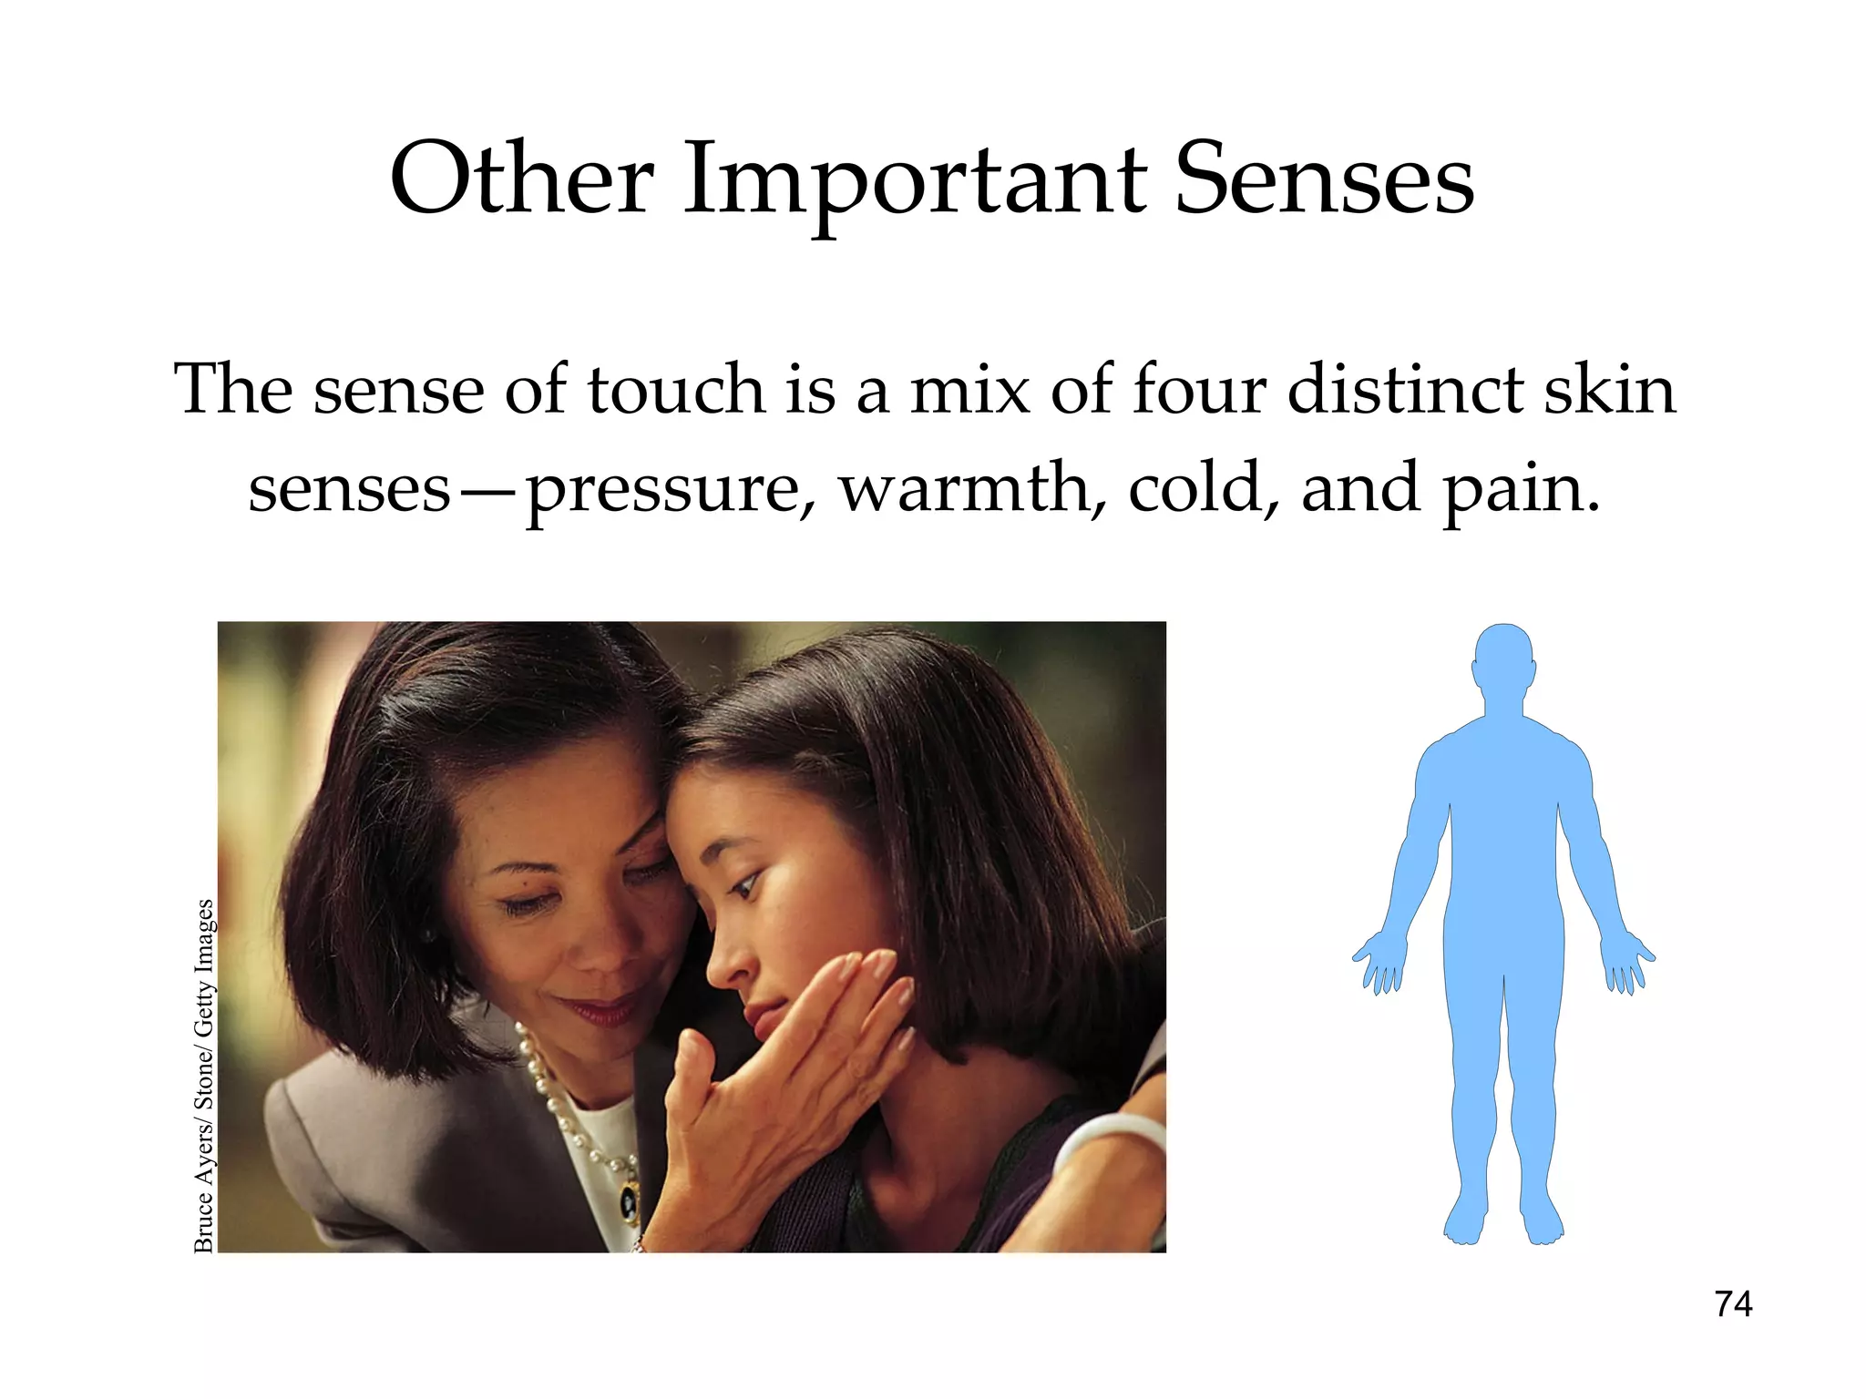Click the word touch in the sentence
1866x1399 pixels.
pos(675,389)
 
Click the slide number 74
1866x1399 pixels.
pos(1733,1304)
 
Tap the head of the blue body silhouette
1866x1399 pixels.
pos(1503,660)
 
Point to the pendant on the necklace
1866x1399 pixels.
pos(630,1202)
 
